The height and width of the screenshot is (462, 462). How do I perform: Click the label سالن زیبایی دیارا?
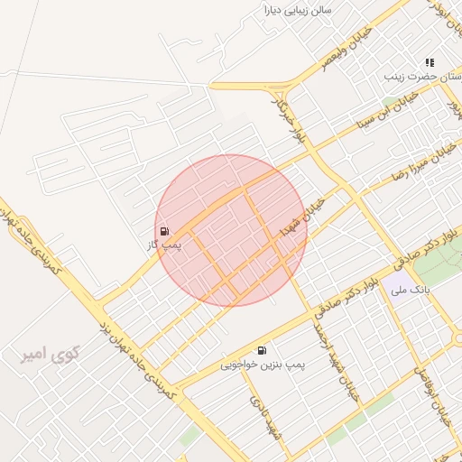click(x=297, y=11)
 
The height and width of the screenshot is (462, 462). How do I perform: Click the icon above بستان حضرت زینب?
click(x=430, y=62)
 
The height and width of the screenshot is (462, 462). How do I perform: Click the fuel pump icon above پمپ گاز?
click(x=163, y=231)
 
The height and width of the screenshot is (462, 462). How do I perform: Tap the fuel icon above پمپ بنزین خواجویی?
click(x=262, y=350)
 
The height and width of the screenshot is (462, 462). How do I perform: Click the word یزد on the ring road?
click(x=106, y=326)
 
